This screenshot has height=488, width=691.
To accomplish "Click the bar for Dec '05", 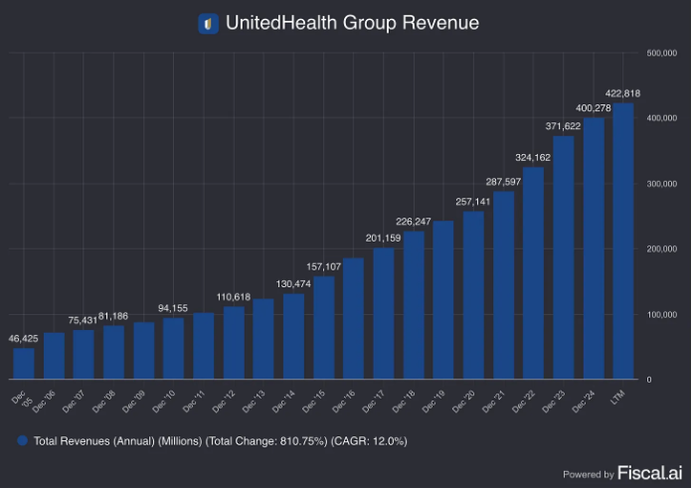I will pos(24,363).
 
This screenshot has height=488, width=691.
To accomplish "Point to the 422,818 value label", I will pos(622,93).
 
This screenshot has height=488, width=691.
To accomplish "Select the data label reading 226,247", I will pos(413,222).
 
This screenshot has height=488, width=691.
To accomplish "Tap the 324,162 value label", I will pos(533,157).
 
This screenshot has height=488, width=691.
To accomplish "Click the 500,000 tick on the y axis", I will pos(663,53).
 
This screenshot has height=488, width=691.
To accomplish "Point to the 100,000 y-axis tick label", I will pos(663,314).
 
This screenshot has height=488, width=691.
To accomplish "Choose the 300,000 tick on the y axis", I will pos(663,184).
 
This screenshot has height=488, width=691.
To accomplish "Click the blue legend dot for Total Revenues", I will pos(23,440).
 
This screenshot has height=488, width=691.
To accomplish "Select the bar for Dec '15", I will pos(323,328).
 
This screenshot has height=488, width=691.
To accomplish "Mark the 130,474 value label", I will pos(293,284).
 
